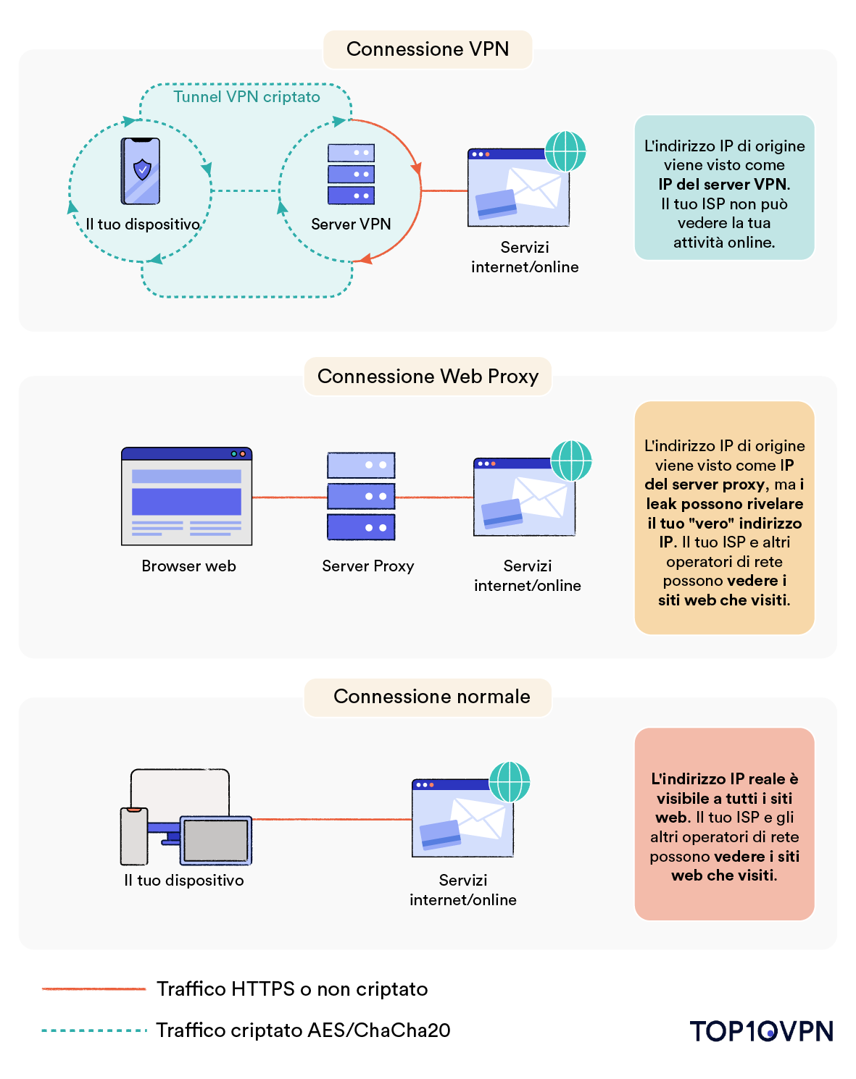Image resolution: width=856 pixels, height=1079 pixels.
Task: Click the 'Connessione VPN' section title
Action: (428, 49)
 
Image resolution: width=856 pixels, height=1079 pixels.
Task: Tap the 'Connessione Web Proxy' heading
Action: (428, 376)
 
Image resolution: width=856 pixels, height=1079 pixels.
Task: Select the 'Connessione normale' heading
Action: (431, 697)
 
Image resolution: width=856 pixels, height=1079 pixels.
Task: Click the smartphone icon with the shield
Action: (141, 171)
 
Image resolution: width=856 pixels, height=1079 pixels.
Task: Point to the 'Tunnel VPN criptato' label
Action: (246, 97)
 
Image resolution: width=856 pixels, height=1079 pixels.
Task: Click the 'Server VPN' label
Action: (351, 224)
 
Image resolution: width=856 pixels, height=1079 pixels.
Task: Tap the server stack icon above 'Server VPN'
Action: (351, 174)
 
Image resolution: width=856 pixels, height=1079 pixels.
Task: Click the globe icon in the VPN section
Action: (565, 151)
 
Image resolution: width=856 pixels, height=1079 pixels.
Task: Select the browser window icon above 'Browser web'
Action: (187, 496)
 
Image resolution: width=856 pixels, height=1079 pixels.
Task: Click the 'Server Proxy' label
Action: (367, 566)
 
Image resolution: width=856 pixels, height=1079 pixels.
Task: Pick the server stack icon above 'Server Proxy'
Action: (361, 496)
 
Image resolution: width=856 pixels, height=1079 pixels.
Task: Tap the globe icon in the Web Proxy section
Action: (571, 461)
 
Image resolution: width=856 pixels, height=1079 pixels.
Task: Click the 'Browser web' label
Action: (188, 566)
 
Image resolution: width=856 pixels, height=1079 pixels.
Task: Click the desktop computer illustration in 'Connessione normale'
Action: (186, 817)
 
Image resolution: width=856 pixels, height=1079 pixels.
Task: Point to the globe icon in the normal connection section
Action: (510, 782)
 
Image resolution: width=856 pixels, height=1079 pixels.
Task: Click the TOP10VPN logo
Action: (762, 1031)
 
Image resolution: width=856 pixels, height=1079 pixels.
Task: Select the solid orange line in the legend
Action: (94, 988)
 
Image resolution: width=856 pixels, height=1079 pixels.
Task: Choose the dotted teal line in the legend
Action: (94, 1030)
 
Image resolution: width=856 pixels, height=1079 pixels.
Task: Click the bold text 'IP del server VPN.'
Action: (724, 185)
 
